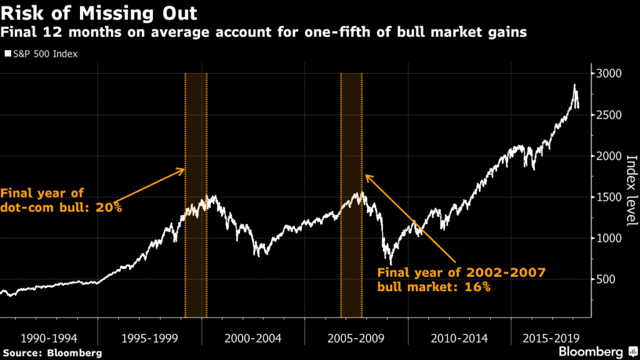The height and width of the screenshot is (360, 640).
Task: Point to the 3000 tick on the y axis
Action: (608, 74)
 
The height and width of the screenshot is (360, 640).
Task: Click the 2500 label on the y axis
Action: (608, 115)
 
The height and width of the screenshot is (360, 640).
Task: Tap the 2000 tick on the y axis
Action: (608, 156)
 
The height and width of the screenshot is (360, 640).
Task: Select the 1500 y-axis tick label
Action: (608, 197)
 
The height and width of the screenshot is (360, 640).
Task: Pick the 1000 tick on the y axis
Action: (608, 238)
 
